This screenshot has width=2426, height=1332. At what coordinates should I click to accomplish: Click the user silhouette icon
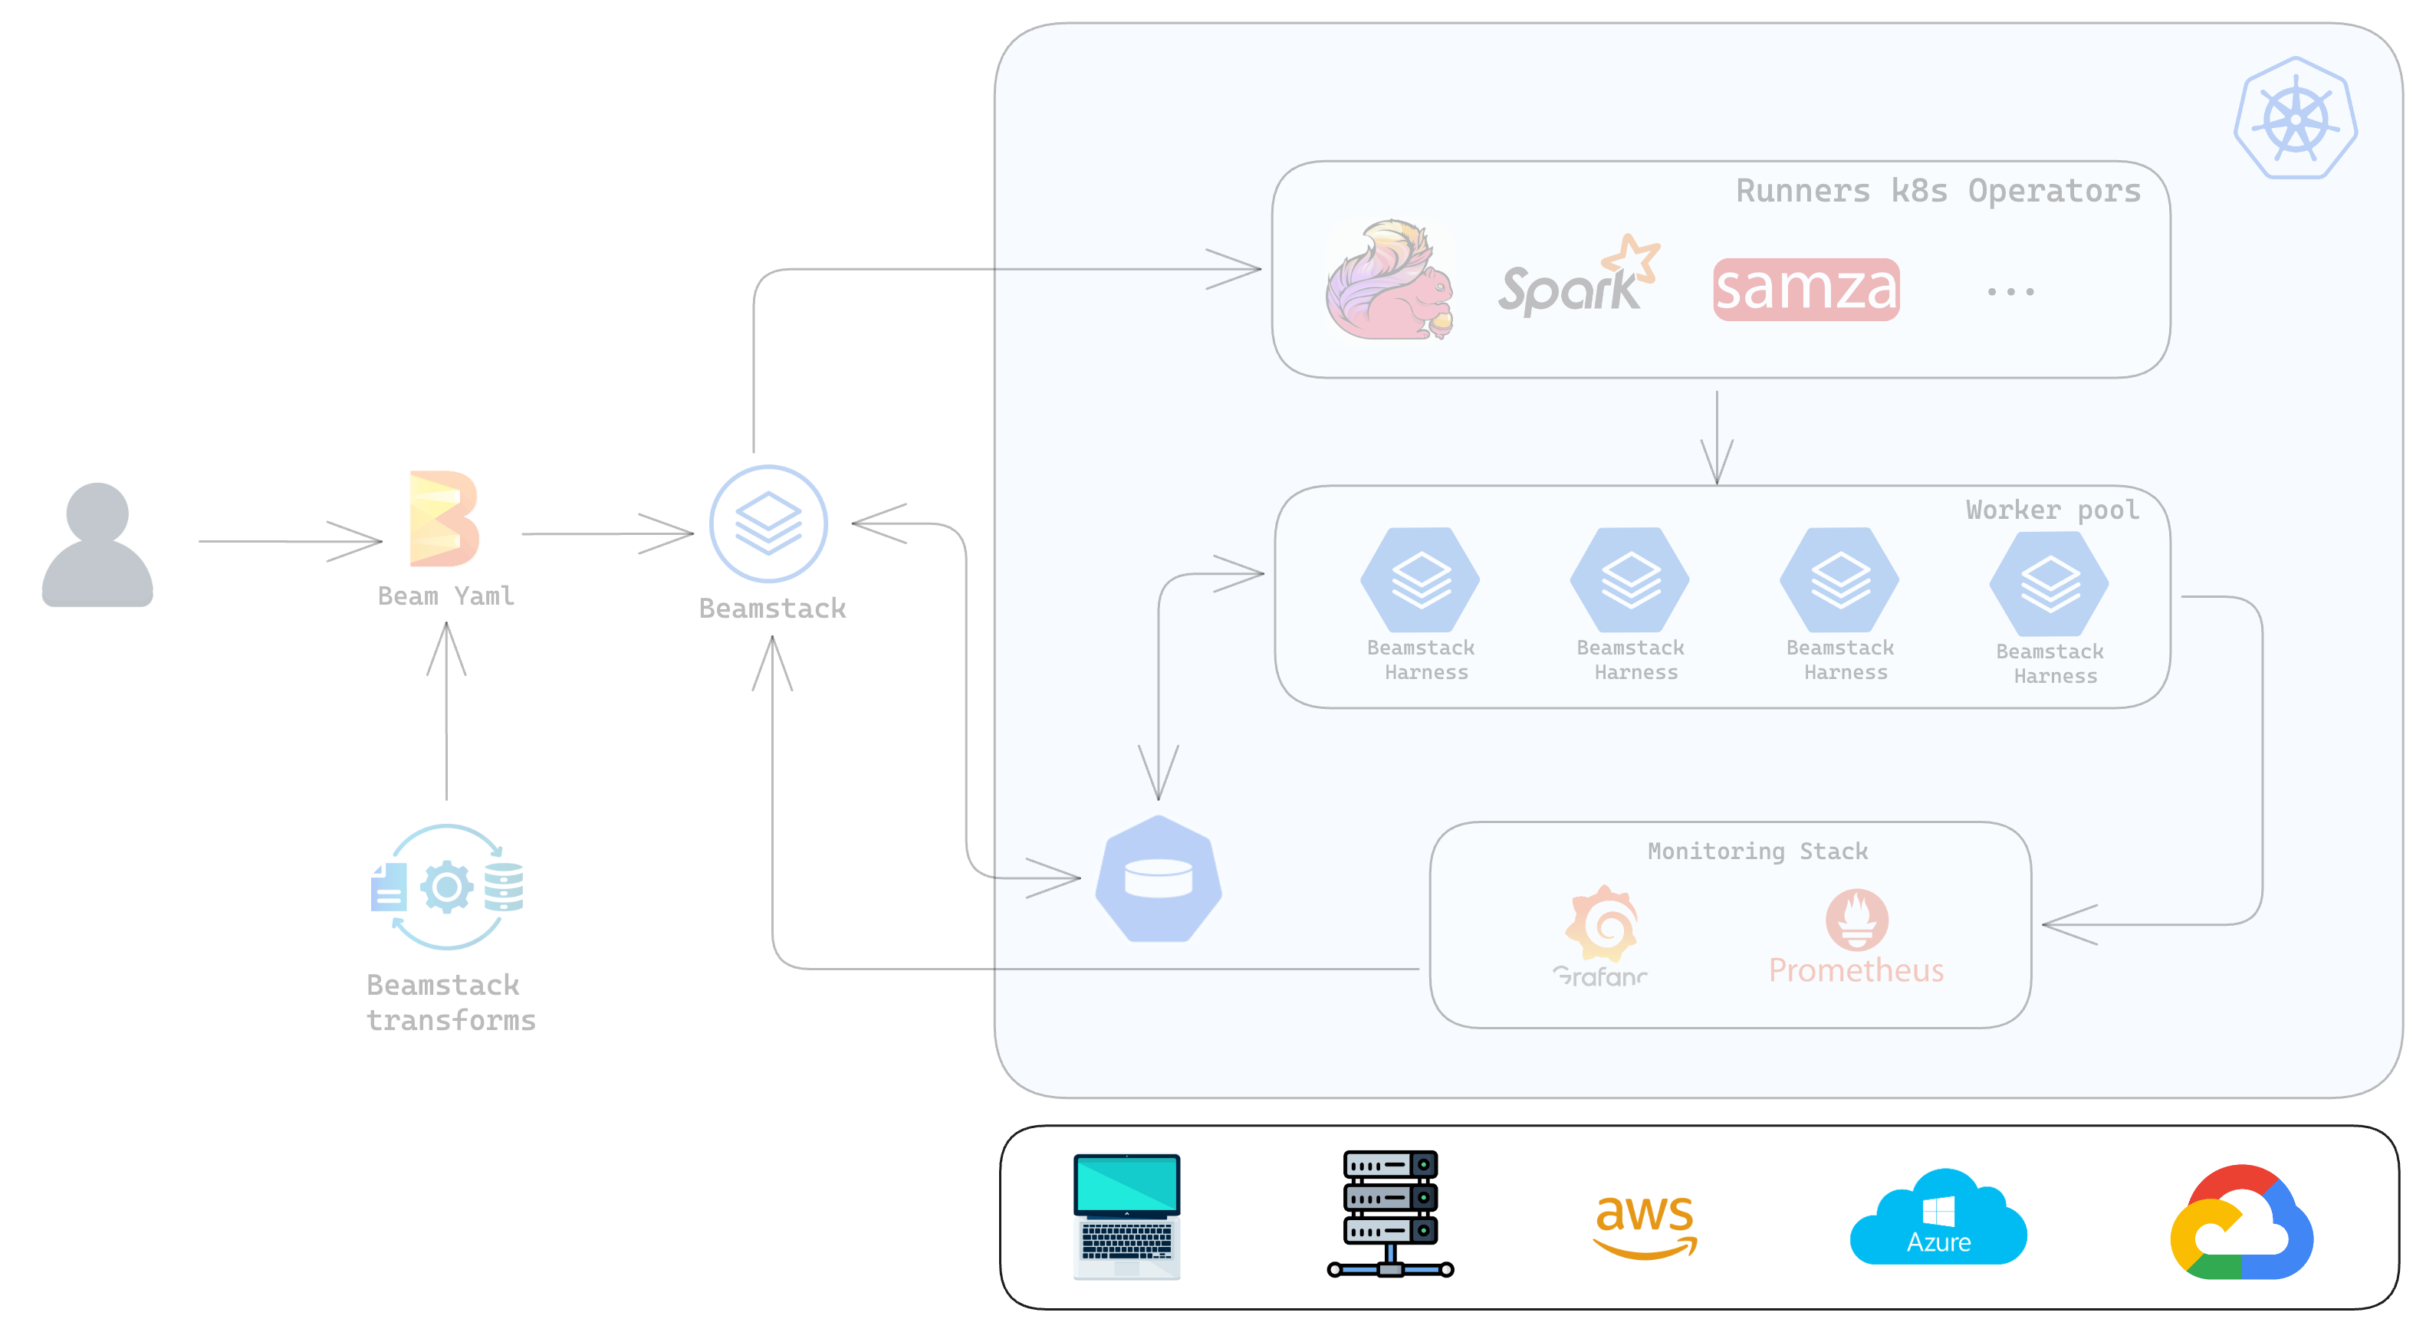pos(97,544)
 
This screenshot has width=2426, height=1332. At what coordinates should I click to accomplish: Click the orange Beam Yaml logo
pos(444,519)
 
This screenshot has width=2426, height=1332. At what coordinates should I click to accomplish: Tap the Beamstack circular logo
pos(768,523)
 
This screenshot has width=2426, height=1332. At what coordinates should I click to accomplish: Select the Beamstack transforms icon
pos(447,887)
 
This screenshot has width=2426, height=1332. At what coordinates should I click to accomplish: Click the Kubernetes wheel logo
pos(2295,119)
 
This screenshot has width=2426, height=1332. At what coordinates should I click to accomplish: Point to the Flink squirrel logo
pos(1389,280)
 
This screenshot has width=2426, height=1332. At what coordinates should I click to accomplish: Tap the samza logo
pos(1806,289)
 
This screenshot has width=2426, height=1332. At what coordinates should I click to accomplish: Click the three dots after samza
pos(2010,292)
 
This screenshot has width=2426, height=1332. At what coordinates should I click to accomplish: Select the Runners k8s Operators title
pos(1938,191)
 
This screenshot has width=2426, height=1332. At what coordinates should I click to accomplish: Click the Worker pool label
pos(2052,510)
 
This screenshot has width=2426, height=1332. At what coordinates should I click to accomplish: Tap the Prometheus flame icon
pos(1856,919)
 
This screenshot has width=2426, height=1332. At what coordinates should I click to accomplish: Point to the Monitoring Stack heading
pos(1757,851)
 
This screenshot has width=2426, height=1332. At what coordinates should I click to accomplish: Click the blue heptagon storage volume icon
pos(1159,878)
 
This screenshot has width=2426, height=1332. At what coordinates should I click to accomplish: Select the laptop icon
pos(1127,1216)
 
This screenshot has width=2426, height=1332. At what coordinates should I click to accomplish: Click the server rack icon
pos(1390,1213)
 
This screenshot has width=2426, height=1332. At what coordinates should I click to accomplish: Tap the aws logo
pos(1645,1224)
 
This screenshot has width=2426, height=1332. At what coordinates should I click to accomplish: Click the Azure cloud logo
pos(1938,1217)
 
